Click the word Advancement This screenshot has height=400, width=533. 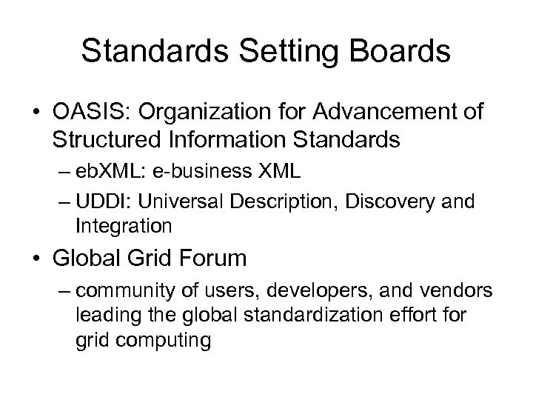pos(378,112)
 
